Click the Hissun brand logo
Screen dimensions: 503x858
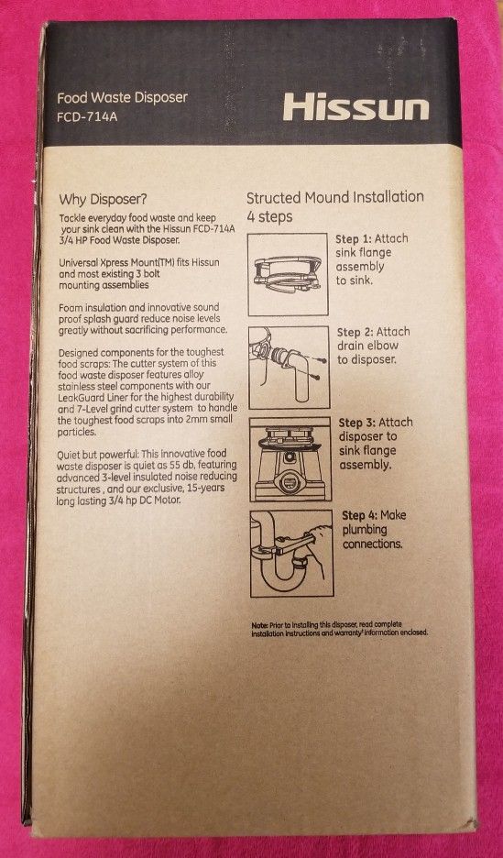pyautogui.click(x=355, y=106)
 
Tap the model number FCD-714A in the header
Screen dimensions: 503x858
pyautogui.click(x=87, y=117)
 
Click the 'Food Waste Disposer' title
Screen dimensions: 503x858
pyautogui.click(x=123, y=98)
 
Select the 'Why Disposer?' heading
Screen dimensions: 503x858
pyautogui.click(x=104, y=198)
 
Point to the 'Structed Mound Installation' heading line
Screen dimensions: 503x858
pyautogui.click(x=335, y=197)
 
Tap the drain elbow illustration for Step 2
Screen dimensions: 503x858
pyautogui.click(x=290, y=368)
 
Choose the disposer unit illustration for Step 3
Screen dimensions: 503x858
pyautogui.click(x=290, y=459)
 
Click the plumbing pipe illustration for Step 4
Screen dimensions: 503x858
pyautogui.click(x=291, y=554)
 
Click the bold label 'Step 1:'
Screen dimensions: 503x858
pyautogui.click(x=355, y=239)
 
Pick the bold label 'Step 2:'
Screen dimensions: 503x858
pyautogui.click(x=356, y=332)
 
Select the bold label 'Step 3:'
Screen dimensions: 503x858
pyautogui.click(x=358, y=423)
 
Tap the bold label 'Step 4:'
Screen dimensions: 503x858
pyautogui.click(x=360, y=515)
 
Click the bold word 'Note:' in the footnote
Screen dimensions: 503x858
pyautogui.click(x=259, y=625)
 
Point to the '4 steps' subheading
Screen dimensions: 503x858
pyautogui.click(x=269, y=216)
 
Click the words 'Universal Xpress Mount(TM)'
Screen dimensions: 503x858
pyautogui.click(x=117, y=263)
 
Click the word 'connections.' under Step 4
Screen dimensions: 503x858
pyautogui.click(x=372, y=544)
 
